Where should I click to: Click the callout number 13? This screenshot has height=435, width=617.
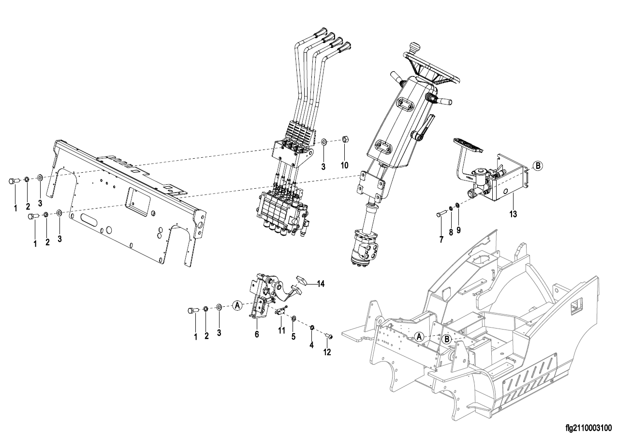pos(513,214)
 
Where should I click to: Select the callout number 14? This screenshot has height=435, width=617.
pos(320,284)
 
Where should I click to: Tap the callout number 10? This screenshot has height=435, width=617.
pos(345,165)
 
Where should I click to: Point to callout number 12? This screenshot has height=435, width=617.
pos(327,352)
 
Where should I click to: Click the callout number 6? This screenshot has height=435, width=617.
pos(257,334)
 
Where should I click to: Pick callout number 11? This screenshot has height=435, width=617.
pos(281,330)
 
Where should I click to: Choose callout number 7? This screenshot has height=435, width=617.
pos(441,240)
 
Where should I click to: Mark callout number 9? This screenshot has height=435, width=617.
pos(458,230)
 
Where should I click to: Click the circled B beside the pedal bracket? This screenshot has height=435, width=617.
pos(537,165)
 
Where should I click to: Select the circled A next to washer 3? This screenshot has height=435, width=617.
pos(237,305)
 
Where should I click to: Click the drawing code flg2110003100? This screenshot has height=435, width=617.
pos(590,428)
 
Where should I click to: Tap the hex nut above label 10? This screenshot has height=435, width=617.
pos(344,138)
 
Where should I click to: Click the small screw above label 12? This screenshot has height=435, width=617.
pos(329,336)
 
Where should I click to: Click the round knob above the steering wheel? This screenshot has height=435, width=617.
pos(412,46)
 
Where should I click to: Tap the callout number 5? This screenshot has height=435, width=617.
pos(294,337)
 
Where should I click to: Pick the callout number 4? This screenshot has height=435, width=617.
pos(311,345)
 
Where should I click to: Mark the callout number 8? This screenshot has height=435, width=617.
pos(451,232)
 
